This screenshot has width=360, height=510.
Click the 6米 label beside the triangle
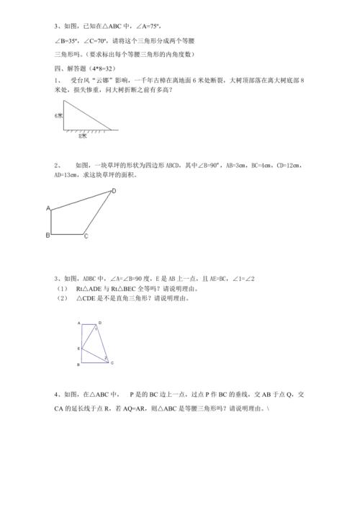(x=58, y=115)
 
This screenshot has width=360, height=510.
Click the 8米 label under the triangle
(x=84, y=135)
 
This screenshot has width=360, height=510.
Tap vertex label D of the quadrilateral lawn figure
(x=113, y=191)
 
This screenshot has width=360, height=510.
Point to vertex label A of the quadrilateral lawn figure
(x=48, y=209)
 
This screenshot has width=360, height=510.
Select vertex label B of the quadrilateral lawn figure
(x=48, y=235)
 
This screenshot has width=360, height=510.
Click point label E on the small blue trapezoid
(x=78, y=348)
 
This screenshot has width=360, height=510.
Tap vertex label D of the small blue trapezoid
(x=99, y=323)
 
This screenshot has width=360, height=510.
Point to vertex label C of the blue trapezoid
(x=111, y=362)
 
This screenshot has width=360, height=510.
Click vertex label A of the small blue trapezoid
(x=78, y=324)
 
